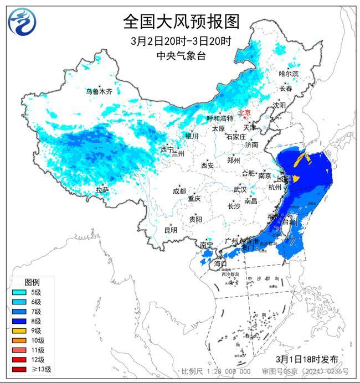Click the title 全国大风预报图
point(181,22)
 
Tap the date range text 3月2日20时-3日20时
point(181,41)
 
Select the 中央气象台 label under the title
point(181,55)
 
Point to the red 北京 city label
point(244,113)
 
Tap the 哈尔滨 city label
point(288,74)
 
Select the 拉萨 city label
point(102,190)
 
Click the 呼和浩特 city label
point(220,118)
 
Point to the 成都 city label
point(179,191)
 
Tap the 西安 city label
point(208,165)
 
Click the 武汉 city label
point(239,189)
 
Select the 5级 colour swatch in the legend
point(20,292)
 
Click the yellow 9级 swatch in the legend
point(20,330)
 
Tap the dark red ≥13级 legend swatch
point(20,369)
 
